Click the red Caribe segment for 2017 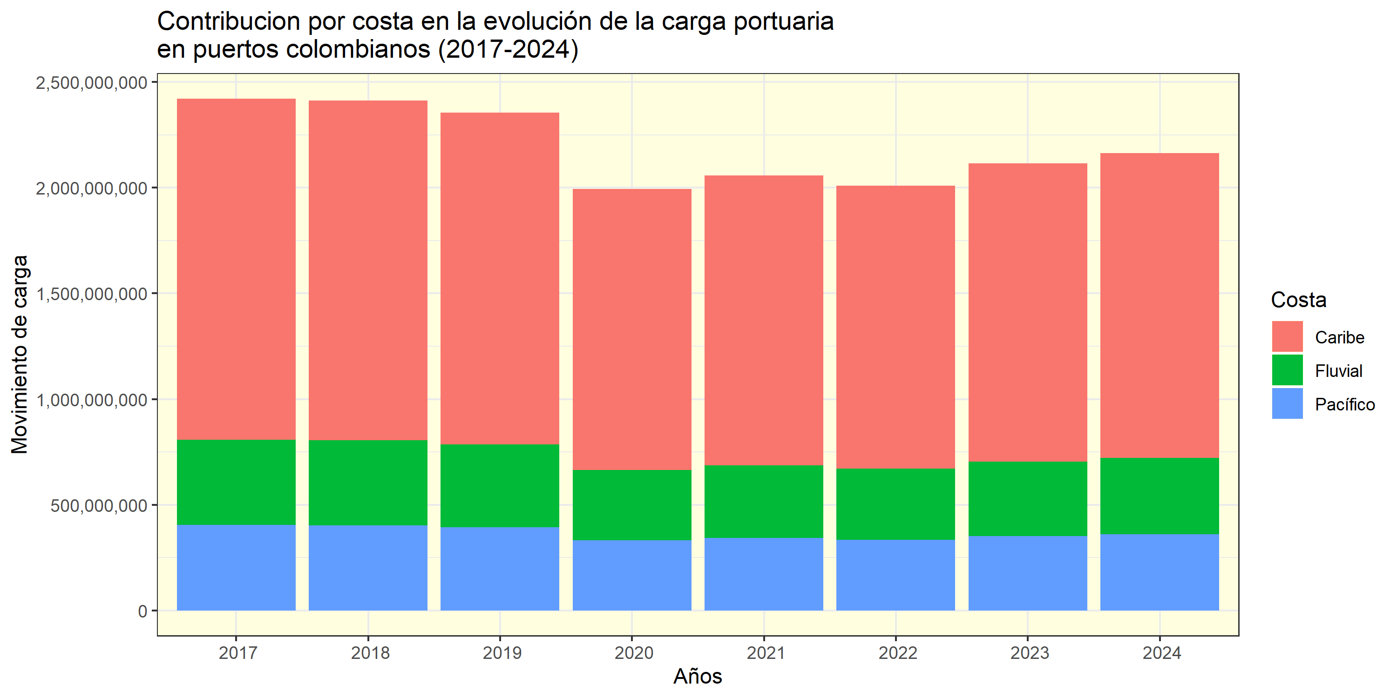click(236, 269)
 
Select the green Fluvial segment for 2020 click(632, 504)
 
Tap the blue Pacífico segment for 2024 click(1160, 572)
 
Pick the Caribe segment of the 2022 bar click(895, 327)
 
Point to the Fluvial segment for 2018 click(368, 482)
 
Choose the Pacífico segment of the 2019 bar click(500, 569)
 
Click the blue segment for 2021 click(764, 574)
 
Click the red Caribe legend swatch click(1287, 336)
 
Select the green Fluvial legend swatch click(1287, 370)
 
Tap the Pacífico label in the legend click(1344, 404)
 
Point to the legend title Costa click(1298, 300)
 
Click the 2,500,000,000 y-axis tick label click(91, 83)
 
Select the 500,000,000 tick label click(99, 506)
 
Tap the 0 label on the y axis click(142, 611)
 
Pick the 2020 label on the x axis click(633, 653)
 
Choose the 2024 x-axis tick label click(1161, 653)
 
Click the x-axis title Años click(698, 676)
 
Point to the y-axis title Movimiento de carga click(20, 354)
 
